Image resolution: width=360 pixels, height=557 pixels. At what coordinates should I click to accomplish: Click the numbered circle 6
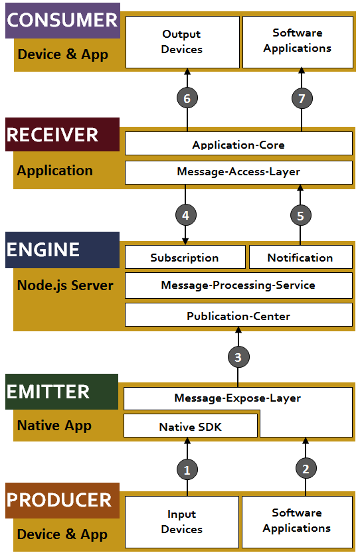187,98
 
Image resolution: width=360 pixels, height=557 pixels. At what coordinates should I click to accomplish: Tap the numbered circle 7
302,98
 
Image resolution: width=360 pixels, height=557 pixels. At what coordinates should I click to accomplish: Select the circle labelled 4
185,215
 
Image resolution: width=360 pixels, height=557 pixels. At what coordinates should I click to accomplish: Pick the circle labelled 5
300,216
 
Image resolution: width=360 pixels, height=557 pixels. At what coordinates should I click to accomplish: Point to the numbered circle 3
238,357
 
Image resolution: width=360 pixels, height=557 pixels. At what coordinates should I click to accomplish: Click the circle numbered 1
187,470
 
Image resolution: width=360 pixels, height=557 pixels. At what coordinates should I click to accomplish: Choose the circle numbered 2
306,469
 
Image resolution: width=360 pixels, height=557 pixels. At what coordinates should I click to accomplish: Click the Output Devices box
183,42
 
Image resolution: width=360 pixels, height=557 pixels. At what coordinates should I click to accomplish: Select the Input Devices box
182,522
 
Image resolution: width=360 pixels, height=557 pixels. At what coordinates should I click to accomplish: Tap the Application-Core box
238,143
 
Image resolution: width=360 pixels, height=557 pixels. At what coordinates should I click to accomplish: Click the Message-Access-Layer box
238,173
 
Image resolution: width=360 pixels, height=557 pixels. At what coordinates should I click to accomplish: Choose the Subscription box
185,257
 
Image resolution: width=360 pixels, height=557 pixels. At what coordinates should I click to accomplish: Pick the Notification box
301,257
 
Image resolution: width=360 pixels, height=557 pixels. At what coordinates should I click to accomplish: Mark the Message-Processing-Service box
238,285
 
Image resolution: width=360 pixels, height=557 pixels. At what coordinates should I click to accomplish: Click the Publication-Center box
238,315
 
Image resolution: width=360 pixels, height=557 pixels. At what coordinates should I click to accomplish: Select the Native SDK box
191,426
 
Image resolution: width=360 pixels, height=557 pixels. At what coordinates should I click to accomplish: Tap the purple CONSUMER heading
62,20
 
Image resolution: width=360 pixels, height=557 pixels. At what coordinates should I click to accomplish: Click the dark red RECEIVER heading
62,135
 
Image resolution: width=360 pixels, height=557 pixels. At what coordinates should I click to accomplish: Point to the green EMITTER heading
62,392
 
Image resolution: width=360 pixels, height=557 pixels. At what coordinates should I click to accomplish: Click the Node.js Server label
65,285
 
